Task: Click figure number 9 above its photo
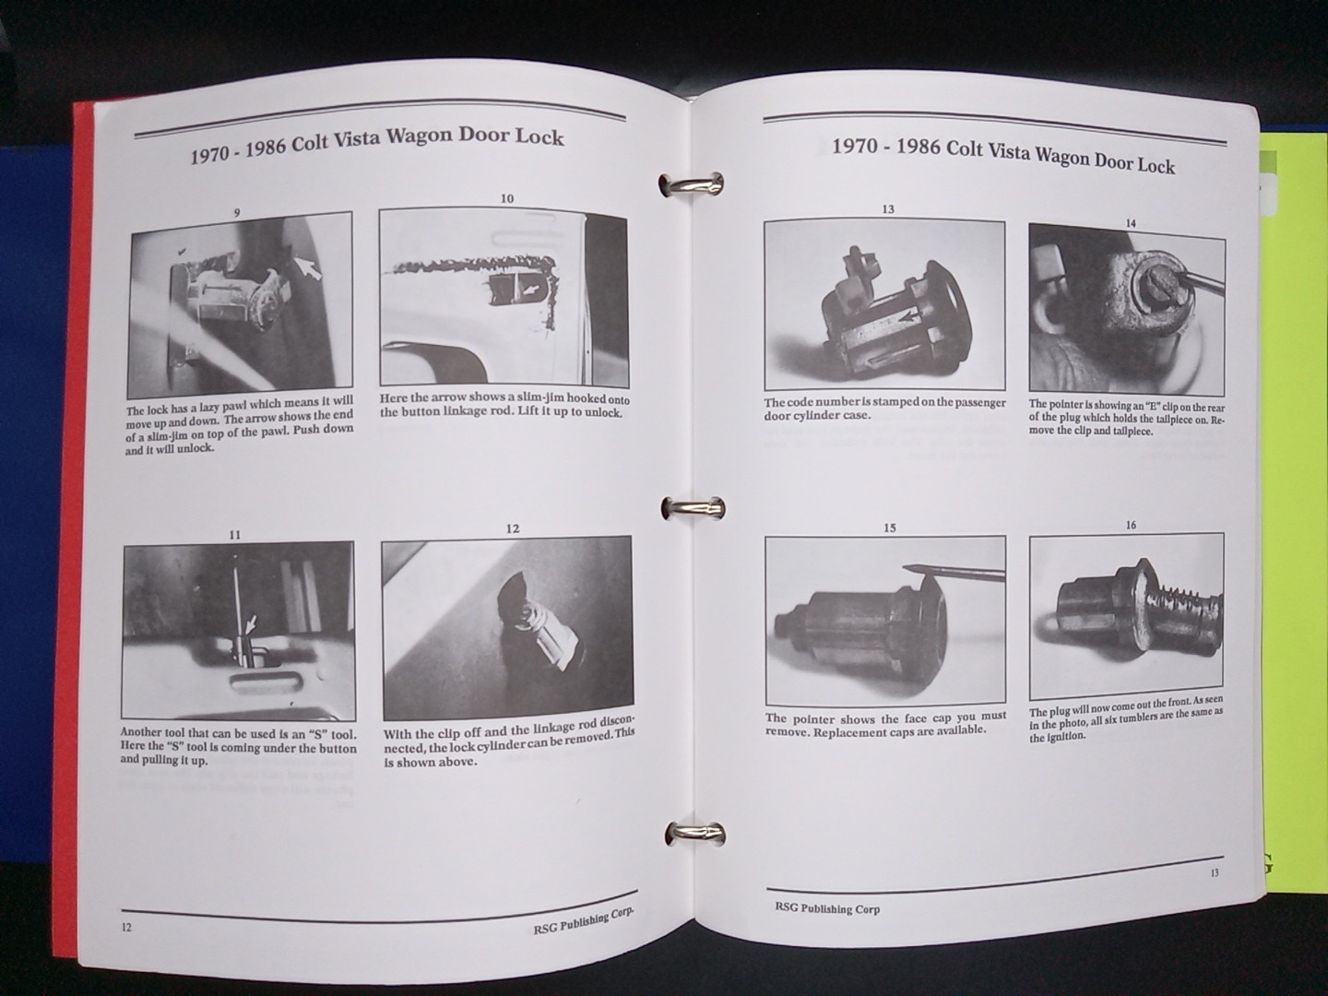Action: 237,212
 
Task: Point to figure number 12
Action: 512,528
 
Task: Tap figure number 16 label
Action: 1131,526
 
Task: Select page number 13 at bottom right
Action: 1214,873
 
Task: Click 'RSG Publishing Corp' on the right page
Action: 827,908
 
